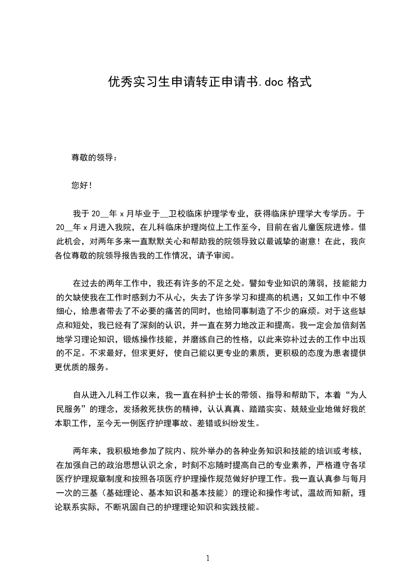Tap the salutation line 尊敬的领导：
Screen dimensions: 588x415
click(x=95, y=157)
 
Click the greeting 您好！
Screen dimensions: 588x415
click(x=82, y=186)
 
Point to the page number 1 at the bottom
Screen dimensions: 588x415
click(x=208, y=559)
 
